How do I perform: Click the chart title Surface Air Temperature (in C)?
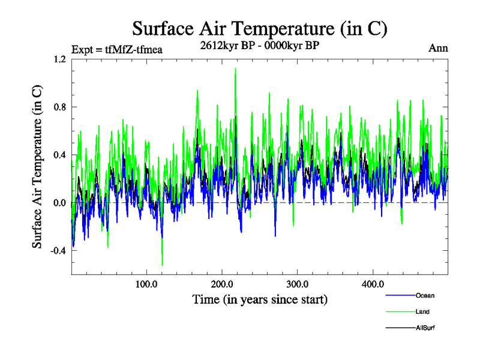259,28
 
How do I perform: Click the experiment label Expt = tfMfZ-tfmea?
116,49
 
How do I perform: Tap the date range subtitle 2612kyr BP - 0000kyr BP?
259,45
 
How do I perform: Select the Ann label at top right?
438,48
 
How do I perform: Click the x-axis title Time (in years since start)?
259,299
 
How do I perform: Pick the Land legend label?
422,311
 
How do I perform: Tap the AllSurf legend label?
425,328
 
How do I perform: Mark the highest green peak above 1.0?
235,69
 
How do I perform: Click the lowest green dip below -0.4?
162,265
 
